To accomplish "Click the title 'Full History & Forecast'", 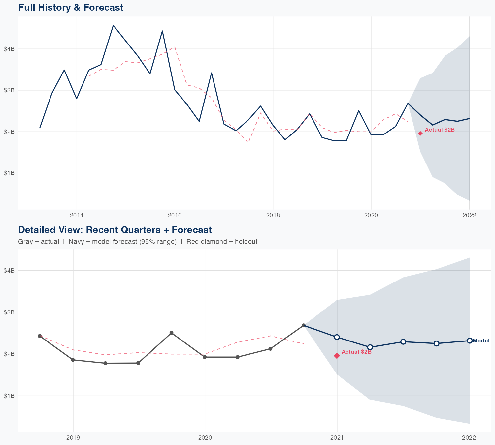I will coord(71,7).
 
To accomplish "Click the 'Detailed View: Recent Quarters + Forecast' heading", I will coord(115,230).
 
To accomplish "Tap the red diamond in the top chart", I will coord(420,133).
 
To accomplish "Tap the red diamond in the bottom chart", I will coord(337,356).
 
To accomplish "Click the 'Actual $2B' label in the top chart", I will coord(440,130).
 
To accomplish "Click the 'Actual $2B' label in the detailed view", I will coord(356,352).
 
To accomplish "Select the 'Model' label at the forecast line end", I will coord(481,341).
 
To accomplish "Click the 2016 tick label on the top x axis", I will coord(175,215).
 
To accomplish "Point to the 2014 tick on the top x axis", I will coord(77,215).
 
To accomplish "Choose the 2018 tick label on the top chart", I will coord(273,215).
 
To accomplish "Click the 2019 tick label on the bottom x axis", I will coord(73,438).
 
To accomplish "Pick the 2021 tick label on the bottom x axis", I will coord(337,438).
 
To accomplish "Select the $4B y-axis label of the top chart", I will coord(9,49).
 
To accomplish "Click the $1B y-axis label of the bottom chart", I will coord(9,396).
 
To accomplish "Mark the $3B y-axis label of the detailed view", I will coord(9,312).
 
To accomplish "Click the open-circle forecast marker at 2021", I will coord(337,337).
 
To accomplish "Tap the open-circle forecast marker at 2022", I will coord(469,341).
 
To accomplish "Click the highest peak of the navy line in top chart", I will coord(113,25).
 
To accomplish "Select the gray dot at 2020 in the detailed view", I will coord(205,357).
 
